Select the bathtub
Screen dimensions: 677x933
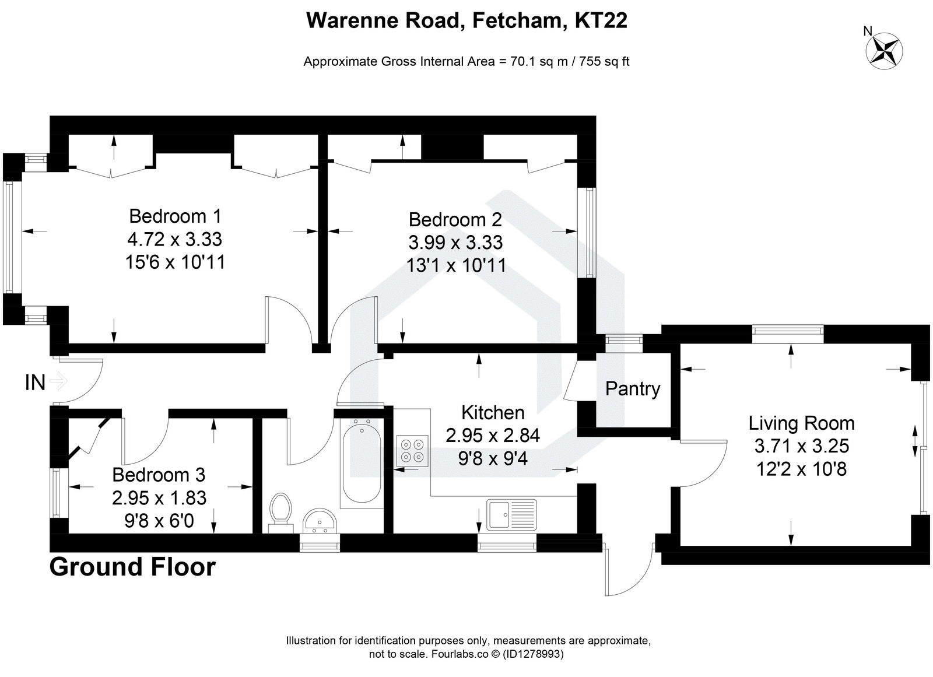click(362, 464)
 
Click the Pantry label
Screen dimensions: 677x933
click(633, 388)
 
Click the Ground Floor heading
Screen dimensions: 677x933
click(132, 566)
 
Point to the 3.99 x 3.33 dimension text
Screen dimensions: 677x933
click(455, 242)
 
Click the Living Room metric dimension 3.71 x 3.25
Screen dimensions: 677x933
click(801, 446)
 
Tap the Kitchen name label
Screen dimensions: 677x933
click(493, 412)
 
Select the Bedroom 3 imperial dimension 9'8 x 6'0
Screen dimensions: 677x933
click(159, 520)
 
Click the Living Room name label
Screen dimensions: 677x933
click(801, 423)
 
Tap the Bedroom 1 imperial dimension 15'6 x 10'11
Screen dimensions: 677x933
click(175, 262)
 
